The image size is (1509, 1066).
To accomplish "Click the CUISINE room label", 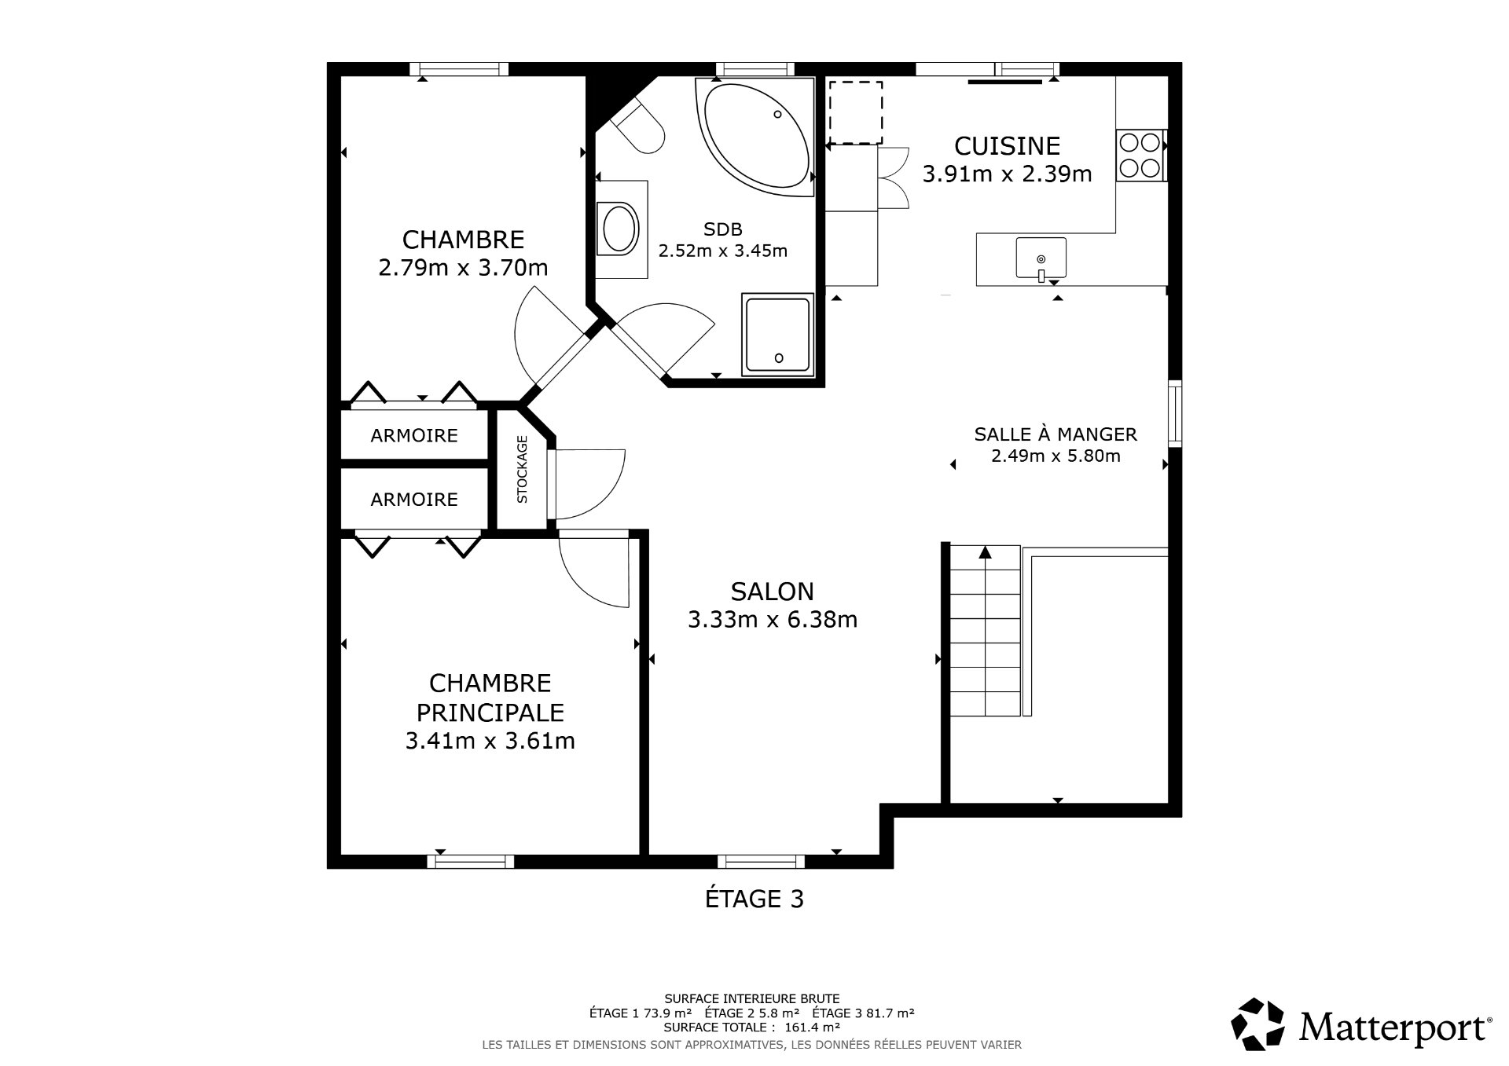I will click(x=1007, y=146).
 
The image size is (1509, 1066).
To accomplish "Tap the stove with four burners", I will click(x=1140, y=155).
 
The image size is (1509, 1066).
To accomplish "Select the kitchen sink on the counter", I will click(x=1041, y=258).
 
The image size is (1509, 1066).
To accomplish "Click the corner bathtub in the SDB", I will click(x=755, y=138).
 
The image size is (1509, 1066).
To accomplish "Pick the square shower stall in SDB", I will click(x=777, y=334).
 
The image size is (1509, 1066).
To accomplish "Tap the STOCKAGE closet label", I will click(x=522, y=469).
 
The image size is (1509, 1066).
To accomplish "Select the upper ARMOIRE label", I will click(x=414, y=435).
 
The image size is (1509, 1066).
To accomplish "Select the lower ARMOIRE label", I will click(x=414, y=500).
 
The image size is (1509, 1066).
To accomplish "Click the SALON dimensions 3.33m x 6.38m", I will click(x=773, y=620).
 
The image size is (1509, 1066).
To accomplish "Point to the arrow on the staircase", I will click(x=985, y=553).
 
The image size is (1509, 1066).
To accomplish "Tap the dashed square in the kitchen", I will click(x=856, y=112).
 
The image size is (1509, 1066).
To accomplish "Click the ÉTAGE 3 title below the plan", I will click(x=754, y=899).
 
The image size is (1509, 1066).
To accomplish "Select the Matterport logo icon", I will click(x=1257, y=1024).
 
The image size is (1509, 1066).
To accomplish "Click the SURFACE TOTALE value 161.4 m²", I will click(x=812, y=1027).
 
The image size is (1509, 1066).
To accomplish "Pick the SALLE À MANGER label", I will click(x=1055, y=434).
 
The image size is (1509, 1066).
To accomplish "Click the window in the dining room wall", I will click(x=1174, y=413).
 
